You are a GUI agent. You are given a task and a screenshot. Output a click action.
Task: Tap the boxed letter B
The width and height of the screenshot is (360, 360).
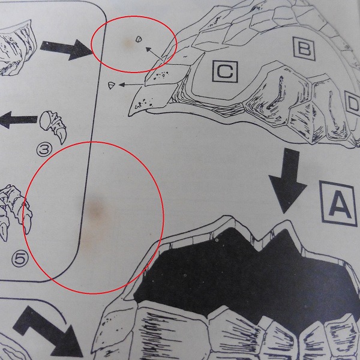[x=304, y=49]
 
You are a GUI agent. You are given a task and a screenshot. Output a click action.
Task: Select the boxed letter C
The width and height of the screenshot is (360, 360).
[x=225, y=71]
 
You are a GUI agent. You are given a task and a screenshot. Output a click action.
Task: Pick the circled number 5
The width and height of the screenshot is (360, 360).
[x=20, y=259]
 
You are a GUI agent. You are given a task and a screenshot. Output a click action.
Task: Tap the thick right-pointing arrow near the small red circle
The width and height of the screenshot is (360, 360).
[x=67, y=49]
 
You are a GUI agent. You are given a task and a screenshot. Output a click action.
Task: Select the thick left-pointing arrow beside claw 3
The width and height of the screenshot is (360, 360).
[x=18, y=120]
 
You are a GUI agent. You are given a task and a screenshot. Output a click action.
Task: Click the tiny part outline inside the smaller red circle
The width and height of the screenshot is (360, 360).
[x=138, y=39]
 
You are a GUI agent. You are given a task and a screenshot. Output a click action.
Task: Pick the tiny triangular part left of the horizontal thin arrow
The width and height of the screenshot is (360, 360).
[x=111, y=85]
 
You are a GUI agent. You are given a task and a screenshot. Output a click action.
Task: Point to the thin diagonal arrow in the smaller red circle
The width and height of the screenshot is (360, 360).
[x=155, y=54]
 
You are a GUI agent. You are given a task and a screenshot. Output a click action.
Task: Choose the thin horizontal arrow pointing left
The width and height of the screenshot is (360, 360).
[x=131, y=85]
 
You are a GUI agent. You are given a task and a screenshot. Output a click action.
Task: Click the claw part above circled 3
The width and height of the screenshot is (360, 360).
[x=53, y=126]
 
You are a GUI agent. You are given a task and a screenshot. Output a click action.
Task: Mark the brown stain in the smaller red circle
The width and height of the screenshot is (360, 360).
[x=128, y=43]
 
